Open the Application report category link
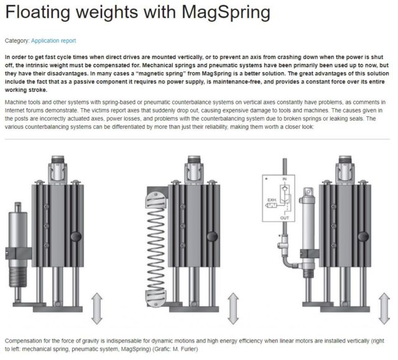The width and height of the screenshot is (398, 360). (x=53, y=41)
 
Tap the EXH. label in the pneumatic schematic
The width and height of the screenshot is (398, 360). (x=272, y=200)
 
